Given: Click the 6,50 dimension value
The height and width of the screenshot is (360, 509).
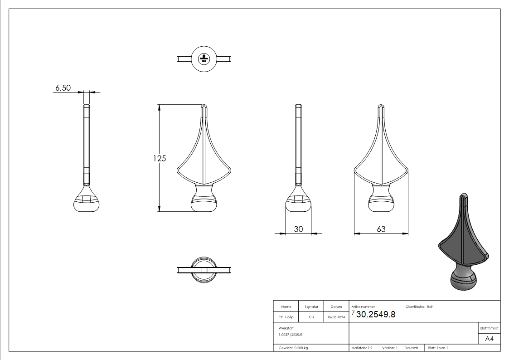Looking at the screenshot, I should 63,88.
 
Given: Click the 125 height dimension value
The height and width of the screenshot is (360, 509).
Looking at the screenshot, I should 160,158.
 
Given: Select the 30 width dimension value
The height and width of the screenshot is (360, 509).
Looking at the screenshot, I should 298,229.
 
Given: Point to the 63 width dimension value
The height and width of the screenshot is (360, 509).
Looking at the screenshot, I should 381,229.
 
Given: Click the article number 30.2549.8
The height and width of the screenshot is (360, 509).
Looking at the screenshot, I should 376,314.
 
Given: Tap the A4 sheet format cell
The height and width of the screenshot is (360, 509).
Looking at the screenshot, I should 490,339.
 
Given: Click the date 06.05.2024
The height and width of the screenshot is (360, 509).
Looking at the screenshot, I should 336,317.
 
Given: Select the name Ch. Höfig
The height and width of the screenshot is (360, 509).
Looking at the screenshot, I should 286,317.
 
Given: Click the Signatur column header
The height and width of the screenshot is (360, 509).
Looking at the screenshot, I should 311,307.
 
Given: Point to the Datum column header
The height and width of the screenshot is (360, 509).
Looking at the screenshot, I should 336,307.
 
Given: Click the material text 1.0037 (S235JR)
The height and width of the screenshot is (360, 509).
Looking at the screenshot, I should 291,334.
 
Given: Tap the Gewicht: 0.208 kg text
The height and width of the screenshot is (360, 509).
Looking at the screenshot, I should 293,348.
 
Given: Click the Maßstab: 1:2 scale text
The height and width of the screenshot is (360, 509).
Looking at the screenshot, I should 362,348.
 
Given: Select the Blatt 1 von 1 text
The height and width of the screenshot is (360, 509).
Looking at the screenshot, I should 438,348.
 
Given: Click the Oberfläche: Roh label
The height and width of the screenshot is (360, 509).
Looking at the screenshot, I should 419,307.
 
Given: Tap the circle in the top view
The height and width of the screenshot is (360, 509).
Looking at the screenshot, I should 204,58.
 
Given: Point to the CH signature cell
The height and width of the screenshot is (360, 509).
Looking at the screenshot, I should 311,317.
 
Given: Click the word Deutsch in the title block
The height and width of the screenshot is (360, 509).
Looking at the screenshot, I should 411,348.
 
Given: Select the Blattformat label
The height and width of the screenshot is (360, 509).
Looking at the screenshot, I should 490,328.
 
